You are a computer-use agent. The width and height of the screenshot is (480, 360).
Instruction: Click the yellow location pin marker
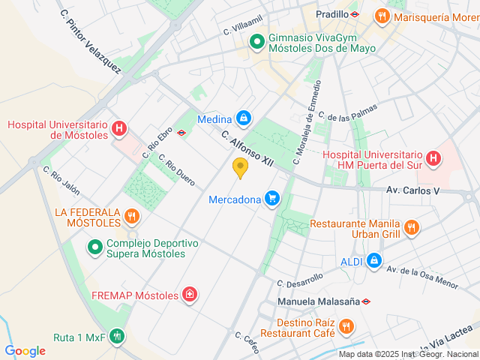tap(240, 167)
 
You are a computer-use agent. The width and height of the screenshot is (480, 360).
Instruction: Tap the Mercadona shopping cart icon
tap(272, 199)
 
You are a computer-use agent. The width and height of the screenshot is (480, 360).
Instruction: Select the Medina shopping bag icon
tap(243, 118)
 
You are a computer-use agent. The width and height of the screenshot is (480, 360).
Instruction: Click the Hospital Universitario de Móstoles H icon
tap(118, 129)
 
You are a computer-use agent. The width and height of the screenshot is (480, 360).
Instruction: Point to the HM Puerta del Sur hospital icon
tap(433, 158)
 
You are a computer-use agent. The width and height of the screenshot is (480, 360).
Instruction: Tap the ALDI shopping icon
tap(373, 260)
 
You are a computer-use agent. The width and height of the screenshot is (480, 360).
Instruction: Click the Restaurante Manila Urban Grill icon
tap(411, 226)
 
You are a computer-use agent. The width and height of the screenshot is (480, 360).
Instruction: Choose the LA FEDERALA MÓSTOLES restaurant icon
tap(132, 217)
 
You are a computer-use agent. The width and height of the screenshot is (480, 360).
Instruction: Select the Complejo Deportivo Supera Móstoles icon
tap(95, 246)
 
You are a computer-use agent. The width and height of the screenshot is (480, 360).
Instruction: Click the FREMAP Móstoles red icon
tap(190, 295)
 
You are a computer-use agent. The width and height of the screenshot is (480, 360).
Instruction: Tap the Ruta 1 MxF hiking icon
tap(117, 337)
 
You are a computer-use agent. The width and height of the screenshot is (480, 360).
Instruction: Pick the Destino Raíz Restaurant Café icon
tap(346, 326)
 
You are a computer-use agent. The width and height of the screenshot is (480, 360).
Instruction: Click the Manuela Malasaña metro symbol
tap(365, 302)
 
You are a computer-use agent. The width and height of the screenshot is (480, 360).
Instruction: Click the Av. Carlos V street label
tap(412, 190)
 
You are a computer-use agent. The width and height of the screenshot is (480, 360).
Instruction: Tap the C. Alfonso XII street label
tap(246, 147)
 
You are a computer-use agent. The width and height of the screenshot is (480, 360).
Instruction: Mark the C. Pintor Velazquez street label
tap(91, 41)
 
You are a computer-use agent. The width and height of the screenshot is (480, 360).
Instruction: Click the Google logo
tap(25, 351)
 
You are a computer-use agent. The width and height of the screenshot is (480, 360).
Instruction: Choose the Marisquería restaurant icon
tap(382, 16)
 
